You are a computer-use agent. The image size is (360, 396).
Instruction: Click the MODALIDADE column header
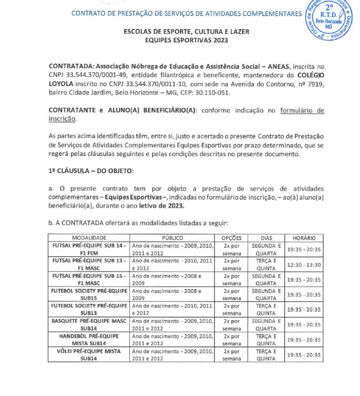pos(89,238)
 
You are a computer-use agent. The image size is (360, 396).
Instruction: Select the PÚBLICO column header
pos(172,238)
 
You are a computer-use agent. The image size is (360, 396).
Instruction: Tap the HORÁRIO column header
pos(304,238)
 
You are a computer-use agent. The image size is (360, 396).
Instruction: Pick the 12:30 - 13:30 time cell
pos(304,264)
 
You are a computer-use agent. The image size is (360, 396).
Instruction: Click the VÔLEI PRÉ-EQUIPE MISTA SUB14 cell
pos(89,355)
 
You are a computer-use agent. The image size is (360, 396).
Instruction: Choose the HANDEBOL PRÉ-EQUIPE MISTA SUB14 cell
pos(89,339)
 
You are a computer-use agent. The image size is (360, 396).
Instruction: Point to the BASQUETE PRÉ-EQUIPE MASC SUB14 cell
pos(89,325)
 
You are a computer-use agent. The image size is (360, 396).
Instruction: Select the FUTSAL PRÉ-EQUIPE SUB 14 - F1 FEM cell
pos(89,249)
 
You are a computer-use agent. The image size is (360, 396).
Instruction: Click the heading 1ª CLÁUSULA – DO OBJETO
pos(91,170)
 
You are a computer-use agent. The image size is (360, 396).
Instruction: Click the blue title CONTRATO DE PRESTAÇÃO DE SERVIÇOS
pos(185,13)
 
